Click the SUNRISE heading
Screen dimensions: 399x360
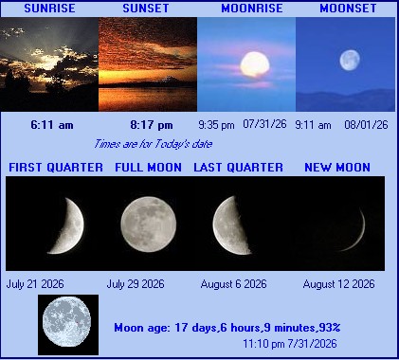click(49, 9)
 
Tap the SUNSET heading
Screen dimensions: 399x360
click(146, 9)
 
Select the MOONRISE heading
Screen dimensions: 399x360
click(252, 9)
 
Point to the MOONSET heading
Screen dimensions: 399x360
click(348, 9)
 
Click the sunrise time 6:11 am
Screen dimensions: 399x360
click(52, 125)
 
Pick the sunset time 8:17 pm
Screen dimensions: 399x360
click(152, 125)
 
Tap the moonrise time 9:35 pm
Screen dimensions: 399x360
click(216, 125)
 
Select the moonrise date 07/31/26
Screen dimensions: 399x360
click(264, 124)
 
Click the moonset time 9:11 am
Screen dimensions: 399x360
click(313, 125)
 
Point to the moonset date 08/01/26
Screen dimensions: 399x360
click(366, 125)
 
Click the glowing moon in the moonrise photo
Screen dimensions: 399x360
click(255, 64)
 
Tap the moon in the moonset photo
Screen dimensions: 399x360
click(350, 61)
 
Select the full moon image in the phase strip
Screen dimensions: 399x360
click(149, 225)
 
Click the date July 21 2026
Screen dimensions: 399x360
click(35, 284)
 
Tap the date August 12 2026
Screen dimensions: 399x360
click(338, 284)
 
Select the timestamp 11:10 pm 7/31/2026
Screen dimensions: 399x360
click(290, 344)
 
